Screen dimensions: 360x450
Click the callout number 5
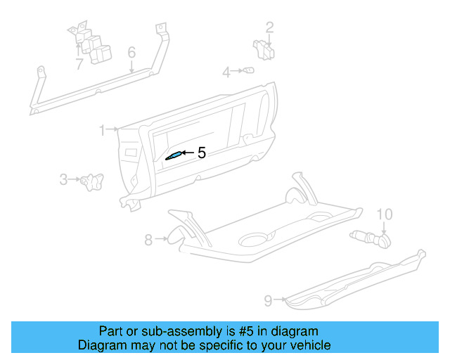(202, 153)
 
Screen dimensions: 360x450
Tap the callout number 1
(102, 130)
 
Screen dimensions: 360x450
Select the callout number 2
(269, 28)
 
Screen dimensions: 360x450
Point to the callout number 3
(63, 180)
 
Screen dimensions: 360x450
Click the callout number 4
(227, 72)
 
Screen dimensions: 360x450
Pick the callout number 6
(131, 53)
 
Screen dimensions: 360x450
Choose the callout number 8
(148, 240)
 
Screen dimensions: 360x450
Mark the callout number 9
(268, 301)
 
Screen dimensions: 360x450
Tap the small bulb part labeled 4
(247, 71)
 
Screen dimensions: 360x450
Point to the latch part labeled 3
(91, 181)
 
